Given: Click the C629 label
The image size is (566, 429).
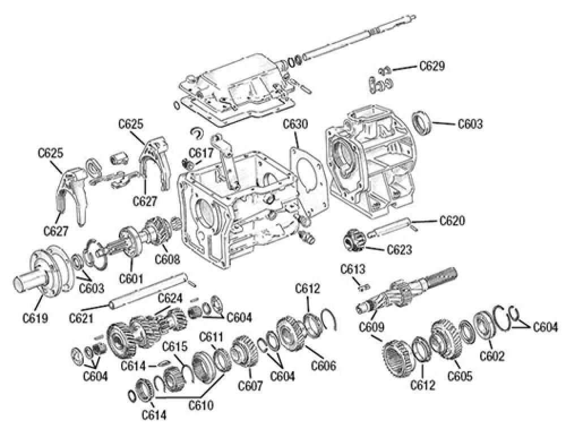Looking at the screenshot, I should coord(432,66).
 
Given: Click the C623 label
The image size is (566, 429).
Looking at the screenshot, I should coord(400,248).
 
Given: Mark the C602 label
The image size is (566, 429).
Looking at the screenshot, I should coord(492,356).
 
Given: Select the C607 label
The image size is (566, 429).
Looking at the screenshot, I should coord(250,386).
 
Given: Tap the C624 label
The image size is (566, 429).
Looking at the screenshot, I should coord(170,298).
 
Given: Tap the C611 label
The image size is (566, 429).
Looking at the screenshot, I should coord(211,337).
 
